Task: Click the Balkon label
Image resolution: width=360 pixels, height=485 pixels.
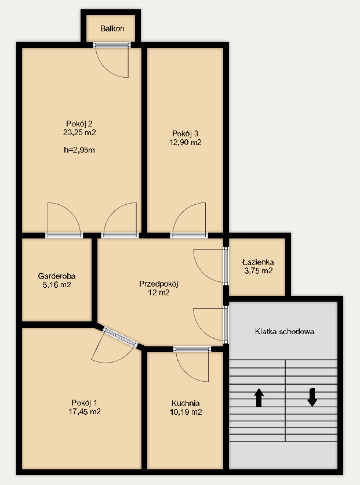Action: pyautogui.click(x=112, y=28)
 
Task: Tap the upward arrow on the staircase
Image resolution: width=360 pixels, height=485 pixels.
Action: pyautogui.click(x=259, y=397)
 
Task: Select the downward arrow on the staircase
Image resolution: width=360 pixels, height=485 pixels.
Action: pyautogui.click(x=312, y=397)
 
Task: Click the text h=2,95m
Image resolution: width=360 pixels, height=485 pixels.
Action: pyautogui.click(x=79, y=150)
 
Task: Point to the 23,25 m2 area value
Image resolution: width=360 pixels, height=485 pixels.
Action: pyautogui.click(x=79, y=133)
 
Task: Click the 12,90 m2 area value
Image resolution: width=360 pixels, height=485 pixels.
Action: pyautogui.click(x=186, y=142)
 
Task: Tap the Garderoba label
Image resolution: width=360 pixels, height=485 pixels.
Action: pyautogui.click(x=57, y=276)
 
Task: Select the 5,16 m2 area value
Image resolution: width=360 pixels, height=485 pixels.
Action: pyautogui.click(x=57, y=285)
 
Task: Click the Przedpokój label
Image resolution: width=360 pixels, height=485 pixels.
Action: pyautogui.click(x=159, y=284)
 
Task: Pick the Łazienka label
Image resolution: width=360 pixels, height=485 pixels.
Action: pyautogui.click(x=258, y=262)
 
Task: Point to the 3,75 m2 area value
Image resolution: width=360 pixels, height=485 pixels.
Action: pyautogui.click(x=259, y=271)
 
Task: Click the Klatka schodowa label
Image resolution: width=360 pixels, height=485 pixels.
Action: pyautogui.click(x=285, y=332)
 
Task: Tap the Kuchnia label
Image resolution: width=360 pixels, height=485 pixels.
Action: pyautogui.click(x=186, y=403)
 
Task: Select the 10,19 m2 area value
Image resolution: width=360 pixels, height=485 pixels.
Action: pyautogui.click(x=186, y=412)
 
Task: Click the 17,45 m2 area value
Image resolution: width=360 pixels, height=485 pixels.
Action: pyautogui.click(x=85, y=412)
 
